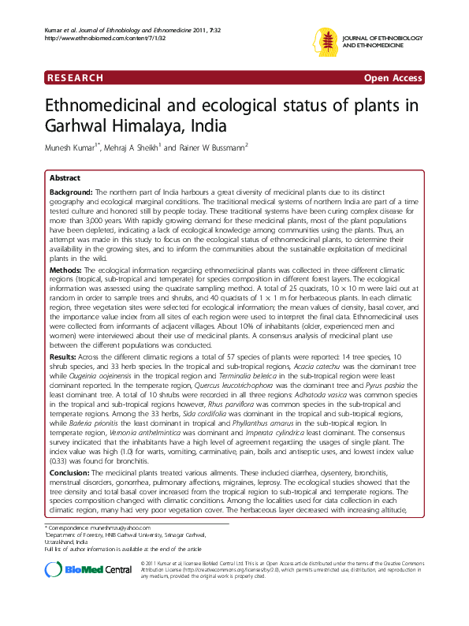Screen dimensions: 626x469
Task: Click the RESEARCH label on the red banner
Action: coord(76,78)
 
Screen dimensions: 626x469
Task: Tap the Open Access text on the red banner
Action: coord(393,78)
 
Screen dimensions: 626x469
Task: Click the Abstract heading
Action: coord(65,179)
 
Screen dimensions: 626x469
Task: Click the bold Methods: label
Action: coord(66,270)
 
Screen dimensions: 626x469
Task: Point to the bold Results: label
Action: coord(65,357)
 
